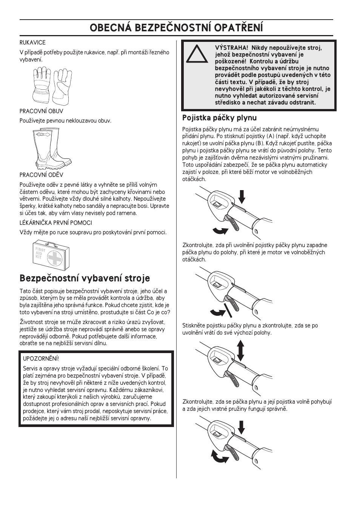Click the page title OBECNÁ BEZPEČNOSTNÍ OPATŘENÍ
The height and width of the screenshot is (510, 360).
pos(177,28)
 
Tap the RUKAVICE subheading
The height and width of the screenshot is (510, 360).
pos(32,43)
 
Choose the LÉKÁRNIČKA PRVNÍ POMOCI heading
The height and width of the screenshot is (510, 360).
pos(56,223)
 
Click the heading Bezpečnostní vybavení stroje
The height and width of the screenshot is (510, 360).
pos(85,278)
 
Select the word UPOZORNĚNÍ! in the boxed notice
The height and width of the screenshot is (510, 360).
pos(41,359)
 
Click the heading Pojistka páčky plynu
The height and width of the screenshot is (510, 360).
pos(219,118)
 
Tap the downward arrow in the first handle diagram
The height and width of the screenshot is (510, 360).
pos(242,197)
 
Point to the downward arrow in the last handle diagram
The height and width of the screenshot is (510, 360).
pos(242,428)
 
